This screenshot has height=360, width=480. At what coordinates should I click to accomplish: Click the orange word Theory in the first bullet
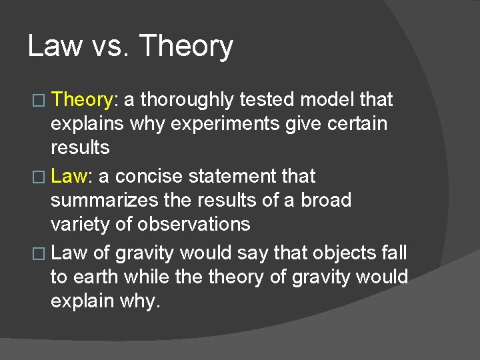click(x=83, y=100)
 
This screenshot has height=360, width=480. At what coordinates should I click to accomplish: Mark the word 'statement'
click(x=225, y=177)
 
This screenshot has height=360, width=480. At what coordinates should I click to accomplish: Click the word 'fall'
click(x=393, y=253)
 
